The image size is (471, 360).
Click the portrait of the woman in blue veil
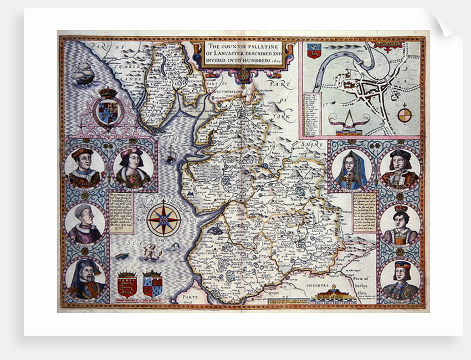pos(350,169)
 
